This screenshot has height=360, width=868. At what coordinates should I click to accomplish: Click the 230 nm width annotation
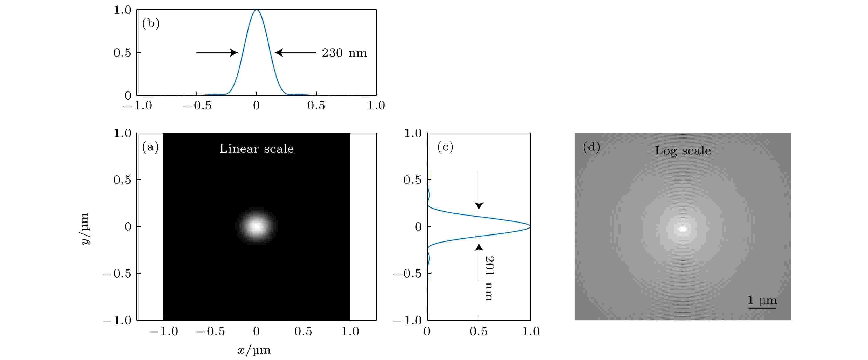tap(344, 53)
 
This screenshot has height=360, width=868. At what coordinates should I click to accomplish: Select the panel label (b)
tap(151, 23)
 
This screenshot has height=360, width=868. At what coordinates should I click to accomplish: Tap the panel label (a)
tap(150, 147)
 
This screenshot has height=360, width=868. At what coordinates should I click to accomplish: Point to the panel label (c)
tap(445, 147)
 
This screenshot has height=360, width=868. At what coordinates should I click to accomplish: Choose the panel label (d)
tap(591, 147)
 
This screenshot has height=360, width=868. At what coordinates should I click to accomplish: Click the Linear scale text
tap(256, 149)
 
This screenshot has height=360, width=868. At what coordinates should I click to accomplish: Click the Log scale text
tap(683, 150)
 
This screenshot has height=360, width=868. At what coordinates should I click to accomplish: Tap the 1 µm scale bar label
tap(762, 300)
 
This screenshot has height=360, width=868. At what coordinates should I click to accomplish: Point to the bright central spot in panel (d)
tap(683, 229)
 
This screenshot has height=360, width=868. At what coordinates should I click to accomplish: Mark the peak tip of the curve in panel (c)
tap(530, 227)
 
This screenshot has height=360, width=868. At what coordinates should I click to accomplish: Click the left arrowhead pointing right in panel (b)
tap(234, 53)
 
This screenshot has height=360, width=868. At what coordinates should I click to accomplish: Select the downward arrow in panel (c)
tap(479, 190)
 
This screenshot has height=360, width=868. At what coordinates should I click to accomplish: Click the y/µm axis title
tap(85, 229)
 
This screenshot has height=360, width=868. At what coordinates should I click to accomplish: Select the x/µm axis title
tap(254, 350)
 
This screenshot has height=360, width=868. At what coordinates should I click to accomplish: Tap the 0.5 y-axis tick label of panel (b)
tap(122, 53)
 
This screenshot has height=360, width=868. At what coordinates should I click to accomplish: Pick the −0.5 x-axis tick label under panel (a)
tap(210, 331)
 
